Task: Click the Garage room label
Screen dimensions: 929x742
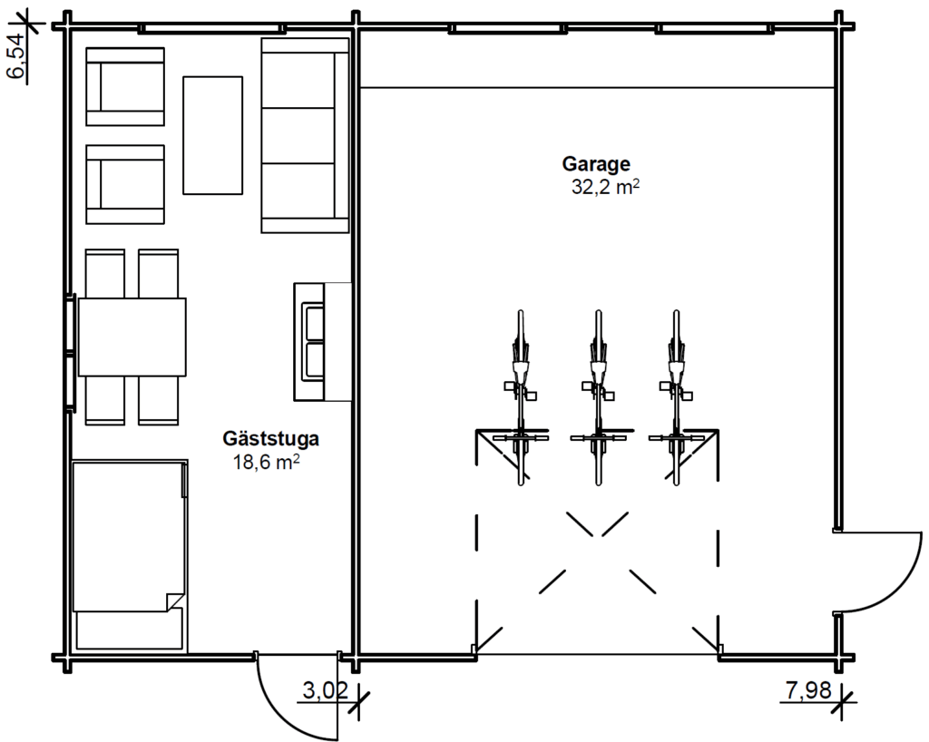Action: pos(596,164)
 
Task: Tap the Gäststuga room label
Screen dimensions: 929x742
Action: pos(270,439)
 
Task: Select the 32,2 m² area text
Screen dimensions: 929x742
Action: pos(605,187)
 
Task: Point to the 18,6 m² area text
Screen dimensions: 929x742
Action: pos(266,462)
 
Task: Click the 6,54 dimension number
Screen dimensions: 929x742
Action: pos(16,55)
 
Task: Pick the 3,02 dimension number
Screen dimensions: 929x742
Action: pos(326,690)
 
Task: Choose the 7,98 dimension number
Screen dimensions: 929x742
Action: pos(808,690)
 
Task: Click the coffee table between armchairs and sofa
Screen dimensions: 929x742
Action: pos(212,135)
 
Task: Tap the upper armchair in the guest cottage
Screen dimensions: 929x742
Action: pos(125,86)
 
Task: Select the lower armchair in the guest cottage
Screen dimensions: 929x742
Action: pos(125,184)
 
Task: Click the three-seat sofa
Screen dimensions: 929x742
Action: pos(305,135)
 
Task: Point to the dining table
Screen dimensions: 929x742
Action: pos(132,337)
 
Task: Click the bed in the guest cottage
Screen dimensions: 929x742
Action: pos(130,555)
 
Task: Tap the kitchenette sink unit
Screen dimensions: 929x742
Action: pos(323,342)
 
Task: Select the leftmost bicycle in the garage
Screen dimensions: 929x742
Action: pos(520,398)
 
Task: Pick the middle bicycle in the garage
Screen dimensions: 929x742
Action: pos(598,398)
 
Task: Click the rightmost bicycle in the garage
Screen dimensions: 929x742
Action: pos(676,398)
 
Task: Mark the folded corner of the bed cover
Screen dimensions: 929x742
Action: pos(175,602)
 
